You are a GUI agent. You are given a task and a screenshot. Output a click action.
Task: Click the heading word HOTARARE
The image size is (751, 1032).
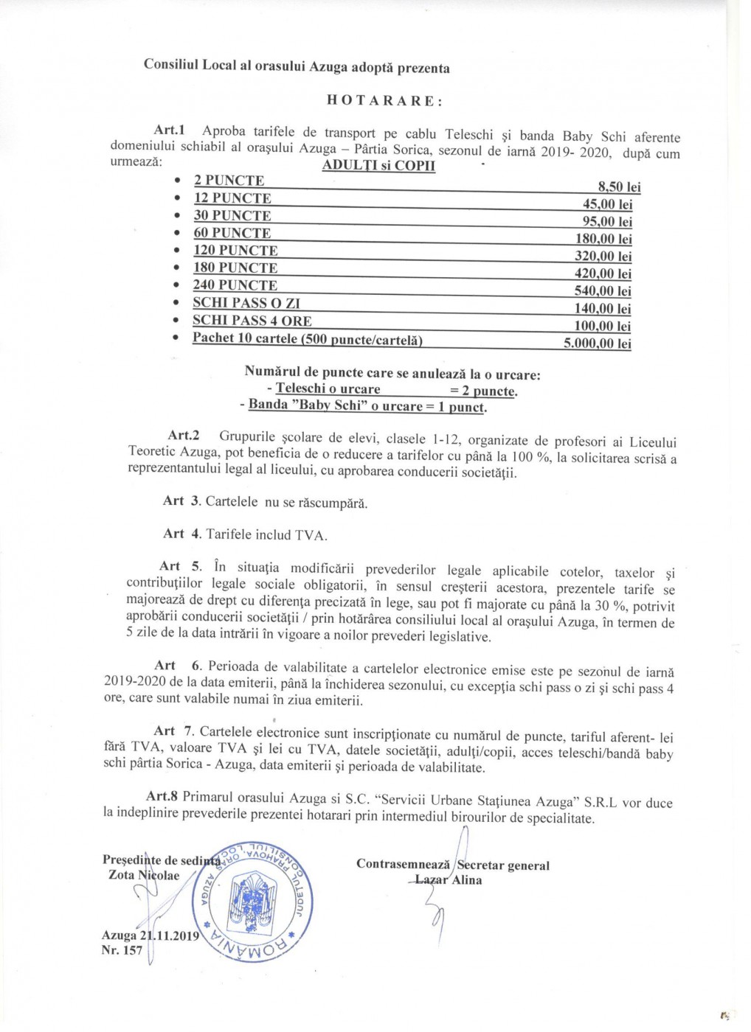pyautogui.click(x=384, y=102)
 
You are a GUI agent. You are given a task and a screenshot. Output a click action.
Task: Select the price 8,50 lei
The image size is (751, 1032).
pyautogui.click(x=619, y=187)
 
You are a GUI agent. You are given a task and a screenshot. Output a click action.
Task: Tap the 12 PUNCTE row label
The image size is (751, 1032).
pyautogui.click(x=232, y=198)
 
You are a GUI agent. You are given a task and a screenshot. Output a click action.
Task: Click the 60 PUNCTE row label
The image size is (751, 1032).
pyautogui.click(x=232, y=233)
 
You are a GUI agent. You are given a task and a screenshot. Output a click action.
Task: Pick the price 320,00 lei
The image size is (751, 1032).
pyautogui.click(x=603, y=257)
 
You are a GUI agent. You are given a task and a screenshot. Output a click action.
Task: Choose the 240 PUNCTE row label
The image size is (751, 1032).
pyautogui.click(x=235, y=285)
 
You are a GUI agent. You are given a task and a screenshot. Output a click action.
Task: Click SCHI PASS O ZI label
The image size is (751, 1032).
pyautogui.click(x=246, y=303)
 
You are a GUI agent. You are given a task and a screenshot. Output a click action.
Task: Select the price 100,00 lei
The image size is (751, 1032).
pyautogui.click(x=602, y=326)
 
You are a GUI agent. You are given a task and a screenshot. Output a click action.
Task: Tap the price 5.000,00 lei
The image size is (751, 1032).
pyautogui.click(x=597, y=344)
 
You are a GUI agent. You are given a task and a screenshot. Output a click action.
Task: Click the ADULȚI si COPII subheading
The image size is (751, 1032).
pyautogui.click(x=378, y=166)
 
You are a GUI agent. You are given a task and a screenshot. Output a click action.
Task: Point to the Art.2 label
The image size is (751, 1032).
pyautogui.click(x=184, y=436)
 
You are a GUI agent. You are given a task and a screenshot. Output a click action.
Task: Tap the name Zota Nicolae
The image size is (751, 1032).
pyautogui.click(x=140, y=875)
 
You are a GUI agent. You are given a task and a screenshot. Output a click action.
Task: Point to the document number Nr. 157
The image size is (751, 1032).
pyautogui.click(x=122, y=951)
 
